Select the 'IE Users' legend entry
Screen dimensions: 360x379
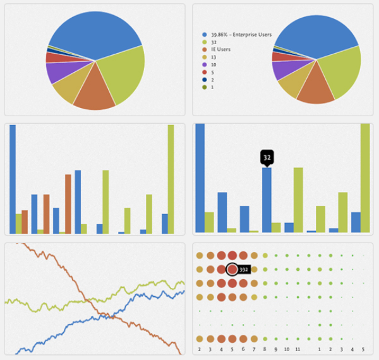[220, 49]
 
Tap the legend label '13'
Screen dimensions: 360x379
[214, 57]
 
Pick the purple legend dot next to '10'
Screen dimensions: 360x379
[204, 64]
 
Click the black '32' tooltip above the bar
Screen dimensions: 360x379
[267, 158]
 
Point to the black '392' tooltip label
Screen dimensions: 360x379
[244, 270]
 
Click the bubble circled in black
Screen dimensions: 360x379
[232, 269]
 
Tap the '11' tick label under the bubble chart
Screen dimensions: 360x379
[298, 349]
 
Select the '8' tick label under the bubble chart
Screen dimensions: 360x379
[265, 349]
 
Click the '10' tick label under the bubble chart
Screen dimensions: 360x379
[286, 349]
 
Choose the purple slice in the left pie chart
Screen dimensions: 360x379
[58, 71]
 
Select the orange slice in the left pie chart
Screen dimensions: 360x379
[95, 92]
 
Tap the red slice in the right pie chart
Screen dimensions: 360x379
[278, 57]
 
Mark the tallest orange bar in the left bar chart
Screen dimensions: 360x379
[68, 204]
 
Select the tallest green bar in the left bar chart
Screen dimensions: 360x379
[171, 179]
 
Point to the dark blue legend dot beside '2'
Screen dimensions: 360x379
[204, 80]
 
